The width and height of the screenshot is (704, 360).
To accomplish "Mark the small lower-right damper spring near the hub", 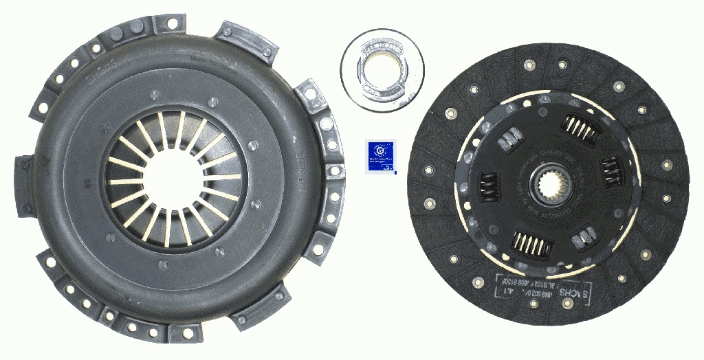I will coord(584,238).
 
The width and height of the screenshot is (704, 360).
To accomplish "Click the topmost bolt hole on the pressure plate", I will coord(169,25).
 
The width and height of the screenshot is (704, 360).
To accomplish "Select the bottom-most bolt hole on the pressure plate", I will coord(187,335).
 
